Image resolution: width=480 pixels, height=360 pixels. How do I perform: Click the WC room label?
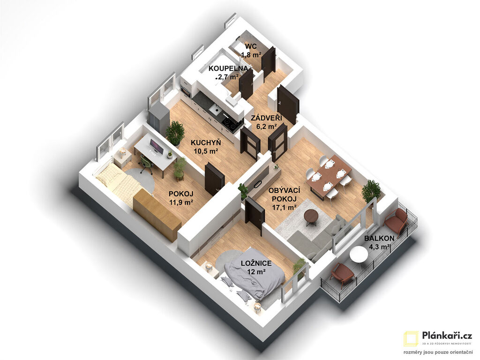tap(251, 47)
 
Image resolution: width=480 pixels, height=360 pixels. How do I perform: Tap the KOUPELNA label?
tap(228, 68)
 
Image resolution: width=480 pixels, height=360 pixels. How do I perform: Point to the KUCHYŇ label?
tap(206, 142)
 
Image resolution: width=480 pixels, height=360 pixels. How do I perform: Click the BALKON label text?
tap(379, 239)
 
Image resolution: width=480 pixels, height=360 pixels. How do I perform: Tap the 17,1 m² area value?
tap(284, 207)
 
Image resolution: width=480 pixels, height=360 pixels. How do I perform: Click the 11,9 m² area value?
tap(181, 202)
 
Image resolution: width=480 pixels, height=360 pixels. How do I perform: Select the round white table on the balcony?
tap(359, 255)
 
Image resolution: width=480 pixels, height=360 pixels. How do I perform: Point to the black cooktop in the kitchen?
tap(231, 123)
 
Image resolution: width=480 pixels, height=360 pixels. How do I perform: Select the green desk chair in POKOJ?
tap(146, 163)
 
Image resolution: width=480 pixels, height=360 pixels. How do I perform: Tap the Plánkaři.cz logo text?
tap(447, 336)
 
